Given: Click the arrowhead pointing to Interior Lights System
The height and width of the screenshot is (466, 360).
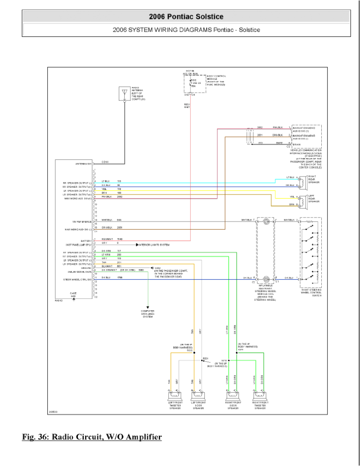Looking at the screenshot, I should [138, 244].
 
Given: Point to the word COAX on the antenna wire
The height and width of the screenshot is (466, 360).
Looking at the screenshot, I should [105, 162].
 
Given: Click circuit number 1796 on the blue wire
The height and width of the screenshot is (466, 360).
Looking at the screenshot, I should [120, 278].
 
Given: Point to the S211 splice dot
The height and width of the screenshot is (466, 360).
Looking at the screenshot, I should [238, 353].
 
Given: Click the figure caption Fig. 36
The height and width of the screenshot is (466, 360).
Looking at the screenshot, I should [92, 437].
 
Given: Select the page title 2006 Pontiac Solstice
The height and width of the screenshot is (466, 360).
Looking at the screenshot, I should [186, 17].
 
